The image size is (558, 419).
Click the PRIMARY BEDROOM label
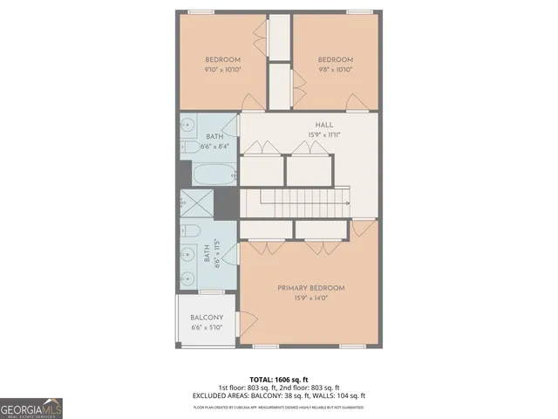tap(311, 288)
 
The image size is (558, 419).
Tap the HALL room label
tap(311, 125)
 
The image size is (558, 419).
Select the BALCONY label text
tap(207, 318)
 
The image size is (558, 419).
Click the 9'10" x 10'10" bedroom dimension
tap(222, 70)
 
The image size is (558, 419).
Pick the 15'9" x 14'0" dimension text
tap(311, 299)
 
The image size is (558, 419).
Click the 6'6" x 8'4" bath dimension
tap(214, 147)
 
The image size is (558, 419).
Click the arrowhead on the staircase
tap(348, 204)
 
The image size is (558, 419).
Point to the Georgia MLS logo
tap(31, 408)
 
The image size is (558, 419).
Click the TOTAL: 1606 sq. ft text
tap(279, 379)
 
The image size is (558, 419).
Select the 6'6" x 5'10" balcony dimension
tap(207, 328)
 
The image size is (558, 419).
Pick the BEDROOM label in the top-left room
tap(222, 59)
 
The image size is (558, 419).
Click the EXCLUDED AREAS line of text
tap(279, 395)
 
